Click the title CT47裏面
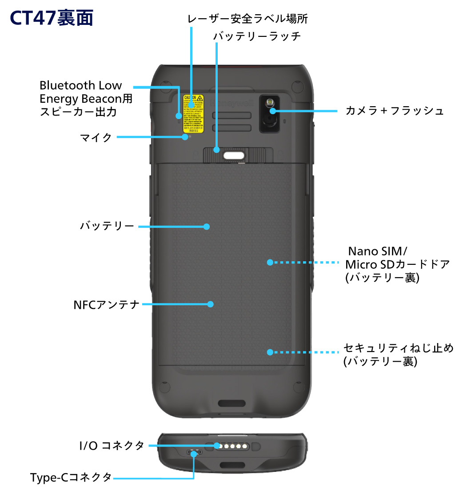click(52, 19)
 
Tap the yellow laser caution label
click(193, 113)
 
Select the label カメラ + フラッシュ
click(394, 111)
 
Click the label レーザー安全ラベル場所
click(247, 19)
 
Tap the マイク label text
click(96, 137)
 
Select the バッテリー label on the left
click(107, 226)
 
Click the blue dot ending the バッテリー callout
click(206, 226)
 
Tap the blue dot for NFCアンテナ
click(211, 304)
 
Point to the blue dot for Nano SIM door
click(269, 262)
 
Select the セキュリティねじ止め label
click(399, 348)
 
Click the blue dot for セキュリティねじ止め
click(269, 352)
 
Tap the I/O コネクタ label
click(112, 445)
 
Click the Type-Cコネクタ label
click(71, 478)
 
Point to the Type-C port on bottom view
click(194, 452)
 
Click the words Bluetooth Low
click(80, 85)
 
